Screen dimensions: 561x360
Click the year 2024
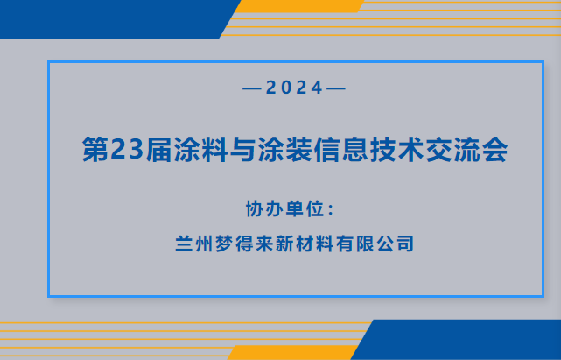[294, 88]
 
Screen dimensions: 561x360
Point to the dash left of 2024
[253, 88]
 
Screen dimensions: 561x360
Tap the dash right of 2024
[336, 88]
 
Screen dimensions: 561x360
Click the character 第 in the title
[96, 150]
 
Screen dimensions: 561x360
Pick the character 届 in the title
[159, 150]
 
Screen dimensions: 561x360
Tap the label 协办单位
[284, 208]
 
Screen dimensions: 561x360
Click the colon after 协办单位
[331, 210]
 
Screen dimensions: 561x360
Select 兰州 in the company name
[193, 244]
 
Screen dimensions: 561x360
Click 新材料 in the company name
[305, 244]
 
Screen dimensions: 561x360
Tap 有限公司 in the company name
[375, 244]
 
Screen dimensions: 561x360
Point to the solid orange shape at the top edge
[298, 6]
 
